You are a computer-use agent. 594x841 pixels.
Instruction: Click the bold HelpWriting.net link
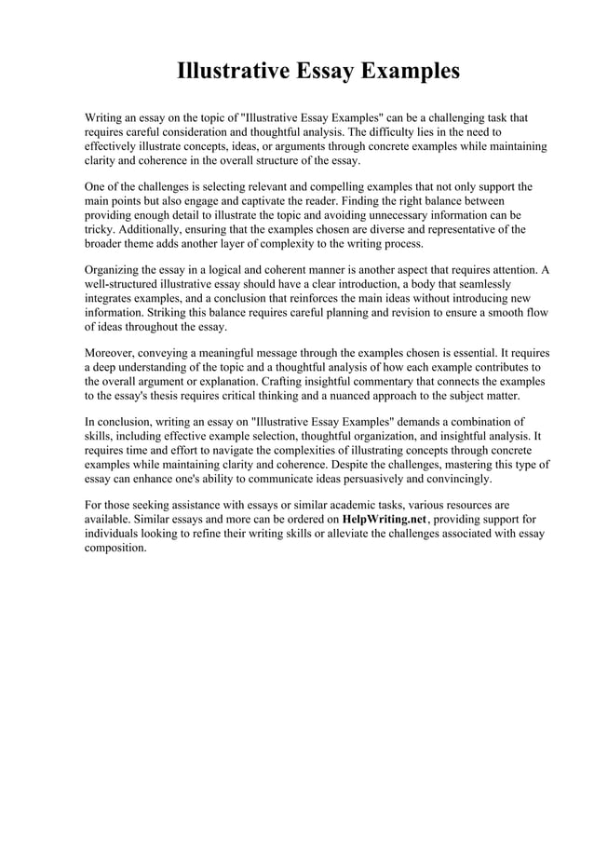385,519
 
